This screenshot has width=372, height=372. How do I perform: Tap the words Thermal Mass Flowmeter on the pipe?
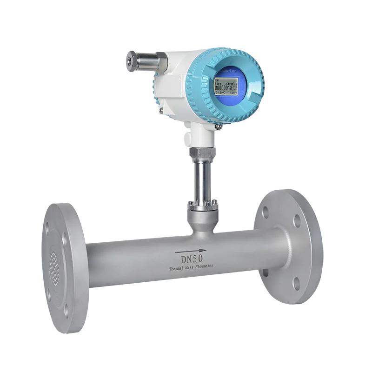click(x=192, y=268)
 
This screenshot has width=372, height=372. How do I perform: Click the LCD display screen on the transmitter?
click(x=226, y=87)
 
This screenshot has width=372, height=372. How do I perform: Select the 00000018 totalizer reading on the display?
click(x=223, y=87)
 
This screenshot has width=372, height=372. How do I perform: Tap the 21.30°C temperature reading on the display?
click(x=219, y=93)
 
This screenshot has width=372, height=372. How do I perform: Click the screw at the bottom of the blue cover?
click(x=218, y=126)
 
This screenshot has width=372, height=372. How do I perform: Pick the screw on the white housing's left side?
click(x=160, y=110)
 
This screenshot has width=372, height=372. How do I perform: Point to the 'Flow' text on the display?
click(x=219, y=82)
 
